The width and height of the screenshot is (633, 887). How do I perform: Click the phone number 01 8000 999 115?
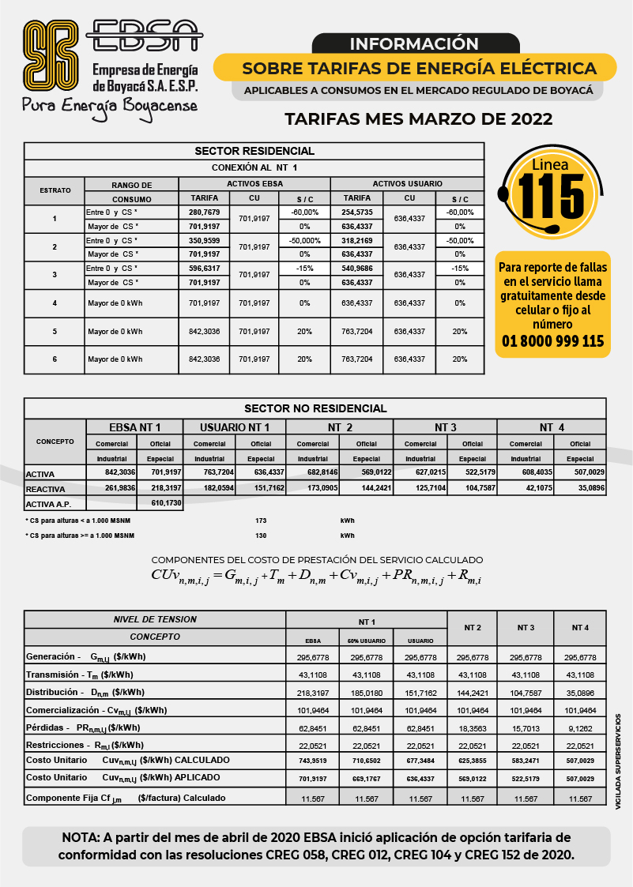pyautogui.click(x=553, y=341)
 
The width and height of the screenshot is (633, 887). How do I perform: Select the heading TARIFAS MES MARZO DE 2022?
pyautogui.click(x=418, y=119)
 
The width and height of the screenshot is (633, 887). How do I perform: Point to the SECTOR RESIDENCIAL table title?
pyautogui.click(x=254, y=151)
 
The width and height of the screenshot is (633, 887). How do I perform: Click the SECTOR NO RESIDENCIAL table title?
pyautogui.click(x=315, y=408)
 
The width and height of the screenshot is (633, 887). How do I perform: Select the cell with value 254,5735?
pyautogui.click(x=357, y=212)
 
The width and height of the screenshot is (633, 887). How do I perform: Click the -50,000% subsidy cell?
pyautogui.click(x=304, y=240)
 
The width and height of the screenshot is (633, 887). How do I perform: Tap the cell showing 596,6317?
pyautogui.click(x=204, y=269)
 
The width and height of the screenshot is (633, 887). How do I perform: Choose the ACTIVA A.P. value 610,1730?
pyautogui.click(x=160, y=502)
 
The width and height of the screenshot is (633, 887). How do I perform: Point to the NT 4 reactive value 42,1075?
pyautogui.click(x=526, y=488)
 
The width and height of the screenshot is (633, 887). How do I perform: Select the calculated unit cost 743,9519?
pyautogui.click(x=312, y=760)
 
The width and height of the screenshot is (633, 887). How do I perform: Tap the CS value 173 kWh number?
pyautogui.click(x=261, y=521)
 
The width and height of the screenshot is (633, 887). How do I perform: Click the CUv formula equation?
pyautogui.click(x=316, y=575)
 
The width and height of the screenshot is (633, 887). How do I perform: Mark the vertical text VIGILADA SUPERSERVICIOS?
pyautogui.click(x=619, y=760)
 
